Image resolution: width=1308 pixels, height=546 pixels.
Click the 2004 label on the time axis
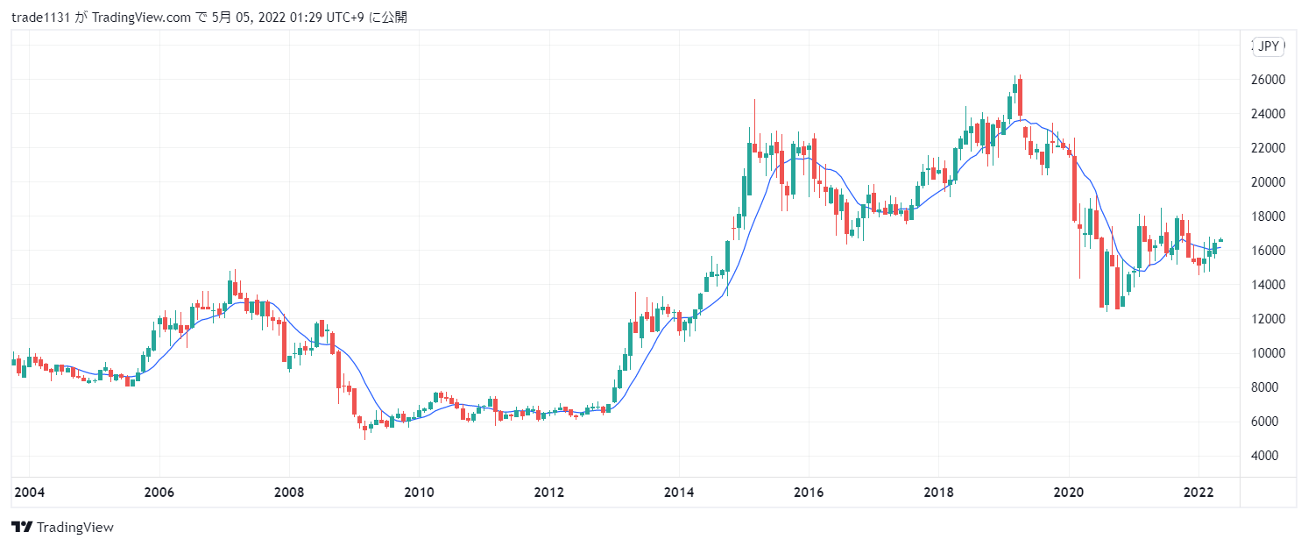tap(29, 493)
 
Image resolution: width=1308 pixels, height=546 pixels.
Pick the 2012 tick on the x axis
tap(548, 493)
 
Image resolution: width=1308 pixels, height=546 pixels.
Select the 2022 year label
tap(1198, 493)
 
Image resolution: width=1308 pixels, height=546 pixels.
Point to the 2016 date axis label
tap(808, 493)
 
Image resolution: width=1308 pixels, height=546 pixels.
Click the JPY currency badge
tap(1269, 47)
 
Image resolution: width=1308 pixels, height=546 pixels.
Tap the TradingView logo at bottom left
tap(62, 527)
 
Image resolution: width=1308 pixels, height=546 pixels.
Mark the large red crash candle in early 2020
tap(1074, 188)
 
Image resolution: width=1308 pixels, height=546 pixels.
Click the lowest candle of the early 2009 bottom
tap(364, 429)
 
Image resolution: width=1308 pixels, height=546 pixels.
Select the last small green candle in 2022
tap(1220, 241)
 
